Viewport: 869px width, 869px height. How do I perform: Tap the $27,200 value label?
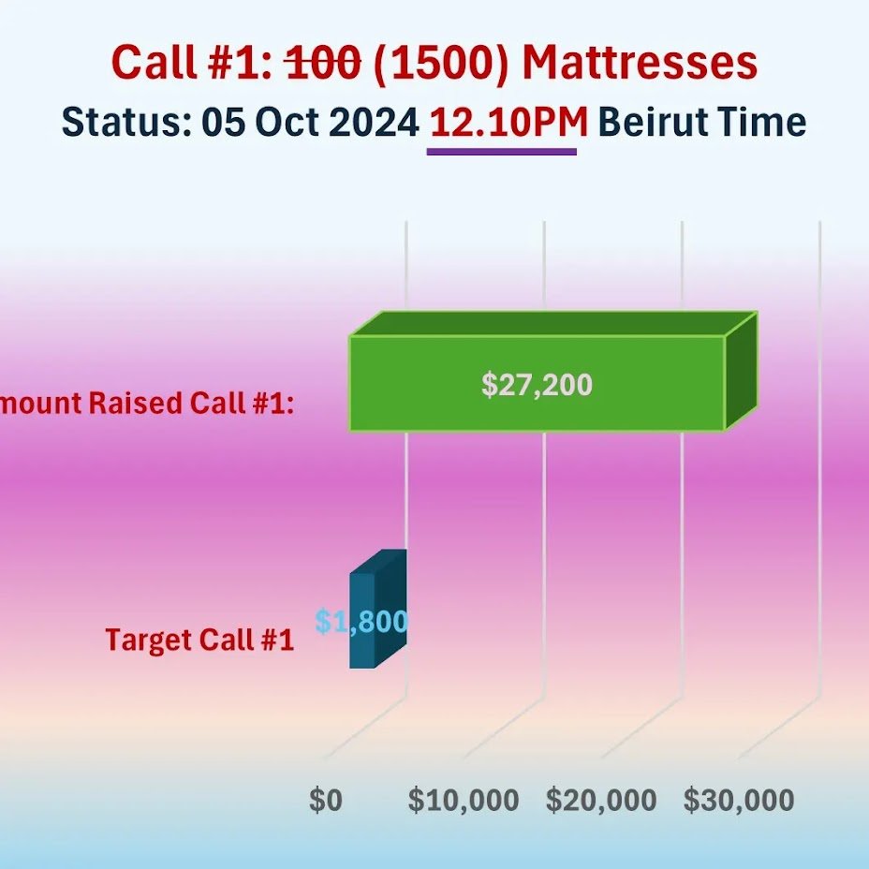pyautogui.click(x=537, y=385)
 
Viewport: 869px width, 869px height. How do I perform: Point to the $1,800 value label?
pyautogui.click(x=361, y=622)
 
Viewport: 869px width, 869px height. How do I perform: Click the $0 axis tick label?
pyautogui.click(x=326, y=801)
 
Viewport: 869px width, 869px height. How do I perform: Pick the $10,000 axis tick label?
pyautogui.click(x=464, y=801)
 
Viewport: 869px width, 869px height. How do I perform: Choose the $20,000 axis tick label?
pyautogui.click(x=601, y=801)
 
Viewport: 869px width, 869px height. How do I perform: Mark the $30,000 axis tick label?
pyautogui.click(x=739, y=801)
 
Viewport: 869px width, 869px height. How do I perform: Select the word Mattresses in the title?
pyautogui.click(x=640, y=64)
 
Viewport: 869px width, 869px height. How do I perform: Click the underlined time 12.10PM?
pyautogui.click(x=508, y=123)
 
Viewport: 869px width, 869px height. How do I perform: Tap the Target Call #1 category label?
pyautogui.click(x=199, y=641)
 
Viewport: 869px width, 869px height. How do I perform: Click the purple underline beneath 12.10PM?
pyautogui.click(x=501, y=150)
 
